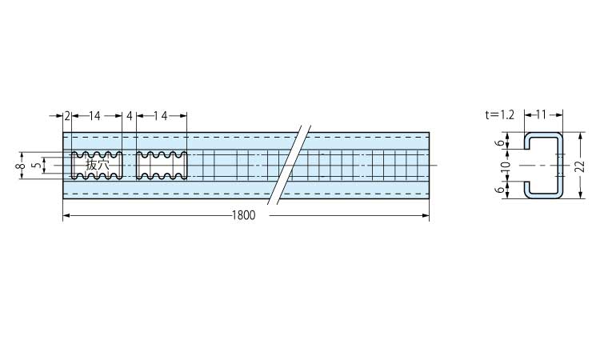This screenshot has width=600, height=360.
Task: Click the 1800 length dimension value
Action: click(243, 215)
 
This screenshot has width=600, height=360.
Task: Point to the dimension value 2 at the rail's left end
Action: click(67, 115)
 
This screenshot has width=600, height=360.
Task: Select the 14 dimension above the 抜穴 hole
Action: click(94, 115)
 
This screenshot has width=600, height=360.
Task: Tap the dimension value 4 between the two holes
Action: click(130, 115)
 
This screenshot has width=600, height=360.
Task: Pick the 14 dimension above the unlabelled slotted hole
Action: click(161, 115)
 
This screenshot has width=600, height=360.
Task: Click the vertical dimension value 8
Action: click(22, 166)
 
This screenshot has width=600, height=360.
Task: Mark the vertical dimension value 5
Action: click(36, 166)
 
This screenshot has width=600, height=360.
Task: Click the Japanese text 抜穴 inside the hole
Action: click(97, 166)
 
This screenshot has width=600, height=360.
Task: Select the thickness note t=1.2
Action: click(500, 114)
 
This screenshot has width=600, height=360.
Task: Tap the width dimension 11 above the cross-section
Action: click(541, 114)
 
